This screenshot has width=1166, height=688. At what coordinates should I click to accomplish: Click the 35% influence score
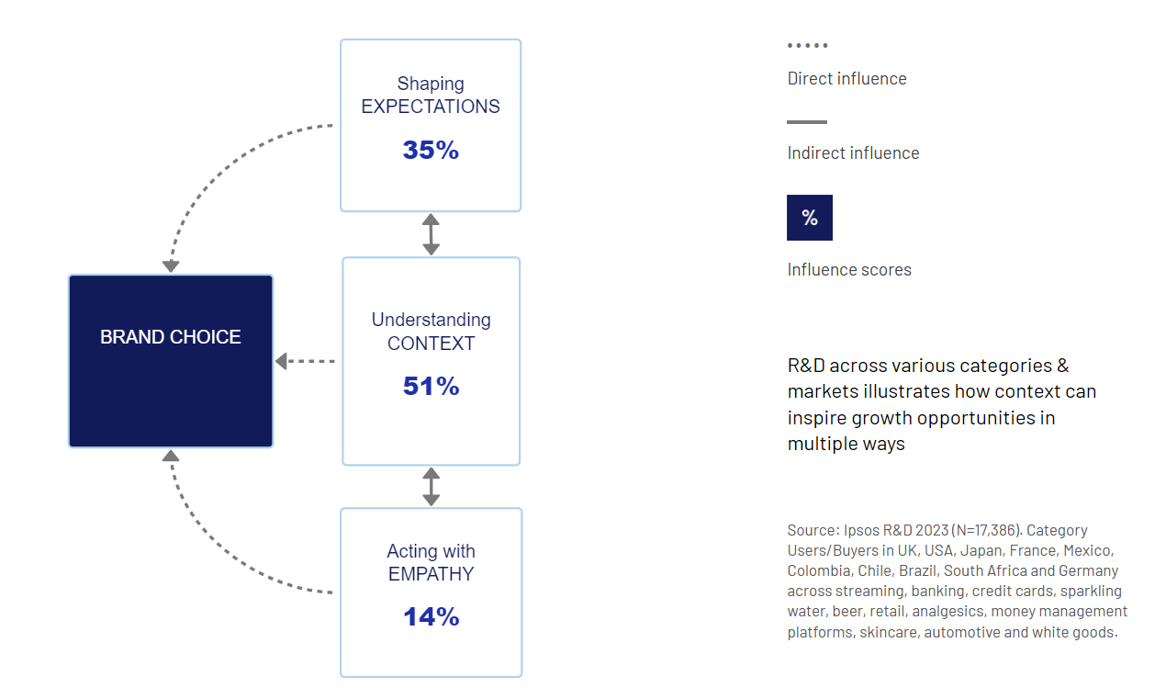coord(431,150)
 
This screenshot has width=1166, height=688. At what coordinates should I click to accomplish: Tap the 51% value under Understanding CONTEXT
coord(431,386)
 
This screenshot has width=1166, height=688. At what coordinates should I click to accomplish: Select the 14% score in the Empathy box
coord(431,616)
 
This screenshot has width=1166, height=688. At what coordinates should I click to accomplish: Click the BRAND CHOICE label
coord(170,337)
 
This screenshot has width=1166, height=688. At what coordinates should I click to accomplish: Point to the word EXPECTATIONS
coord(431,107)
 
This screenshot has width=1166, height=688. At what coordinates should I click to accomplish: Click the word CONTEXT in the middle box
coord(431,344)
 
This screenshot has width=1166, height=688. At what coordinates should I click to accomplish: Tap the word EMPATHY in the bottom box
coord(431,574)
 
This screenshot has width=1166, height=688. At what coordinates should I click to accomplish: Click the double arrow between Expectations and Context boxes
coord(431,234)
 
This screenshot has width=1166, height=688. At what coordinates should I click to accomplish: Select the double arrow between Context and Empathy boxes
coord(431,487)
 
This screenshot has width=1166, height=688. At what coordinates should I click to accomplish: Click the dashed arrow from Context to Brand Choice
coord(305,361)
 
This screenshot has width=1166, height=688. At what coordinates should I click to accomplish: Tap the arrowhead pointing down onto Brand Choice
coord(171,266)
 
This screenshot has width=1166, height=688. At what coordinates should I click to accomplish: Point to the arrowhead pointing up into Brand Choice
coord(171,457)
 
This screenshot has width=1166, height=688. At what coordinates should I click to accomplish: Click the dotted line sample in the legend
coord(807,45)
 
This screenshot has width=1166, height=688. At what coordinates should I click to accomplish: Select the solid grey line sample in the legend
coord(807,122)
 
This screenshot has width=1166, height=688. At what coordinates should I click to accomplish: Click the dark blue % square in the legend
coord(810,218)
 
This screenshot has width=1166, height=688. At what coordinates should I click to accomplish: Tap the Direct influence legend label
coord(846,79)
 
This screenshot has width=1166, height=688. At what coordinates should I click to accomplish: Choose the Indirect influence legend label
coord(853,153)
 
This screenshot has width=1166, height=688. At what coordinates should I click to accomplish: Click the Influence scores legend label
coord(849,270)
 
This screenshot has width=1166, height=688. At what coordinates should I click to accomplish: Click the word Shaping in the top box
coord(431,84)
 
